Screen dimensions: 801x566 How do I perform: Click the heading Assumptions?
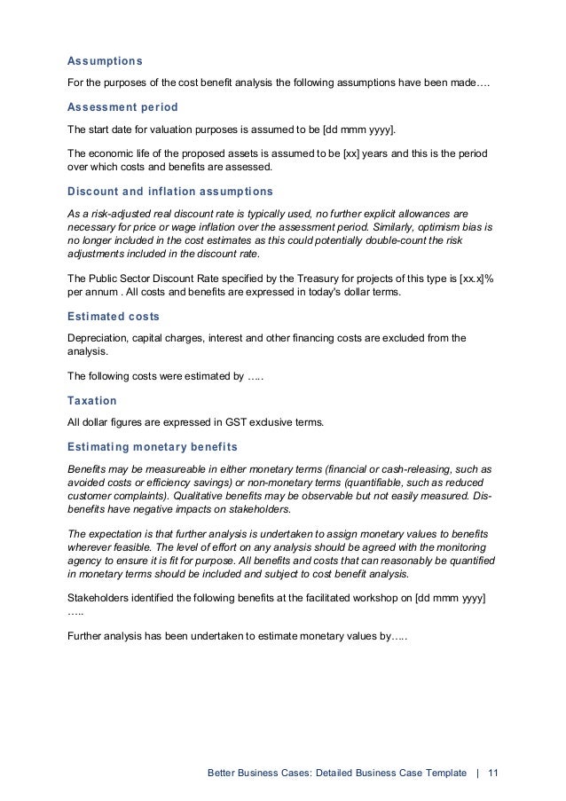105,61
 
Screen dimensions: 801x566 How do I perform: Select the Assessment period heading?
122,106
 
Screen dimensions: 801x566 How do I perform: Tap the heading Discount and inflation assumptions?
169,191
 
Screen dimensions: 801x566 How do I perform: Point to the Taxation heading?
92,400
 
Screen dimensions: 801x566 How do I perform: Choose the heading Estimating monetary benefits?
152,445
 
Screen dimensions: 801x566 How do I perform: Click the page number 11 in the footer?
493,774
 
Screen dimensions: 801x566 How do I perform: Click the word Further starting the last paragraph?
90,635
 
